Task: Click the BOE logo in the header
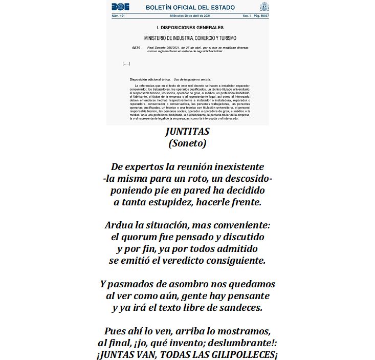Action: pyautogui.click(x=121, y=7)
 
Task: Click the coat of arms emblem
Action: pyautogui.click(x=264, y=7)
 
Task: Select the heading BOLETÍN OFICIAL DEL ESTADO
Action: pyautogui.click(x=190, y=7)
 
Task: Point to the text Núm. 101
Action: pyautogui.click(x=118, y=16)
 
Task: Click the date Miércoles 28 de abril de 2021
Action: pyautogui.click(x=190, y=16)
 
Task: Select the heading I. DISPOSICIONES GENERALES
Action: pyautogui.click(x=190, y=27)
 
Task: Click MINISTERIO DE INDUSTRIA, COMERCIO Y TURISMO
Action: pyautogui.click(x=190, y=38)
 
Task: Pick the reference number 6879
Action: pyautogui.click(x=136, y=48)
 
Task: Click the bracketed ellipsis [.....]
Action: pyautogui.click(x=126, y=63)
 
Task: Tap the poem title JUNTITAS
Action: pyautogui.click(x=187, y=132)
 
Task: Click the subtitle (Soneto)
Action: pyautogui.click(x=187, y=144)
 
